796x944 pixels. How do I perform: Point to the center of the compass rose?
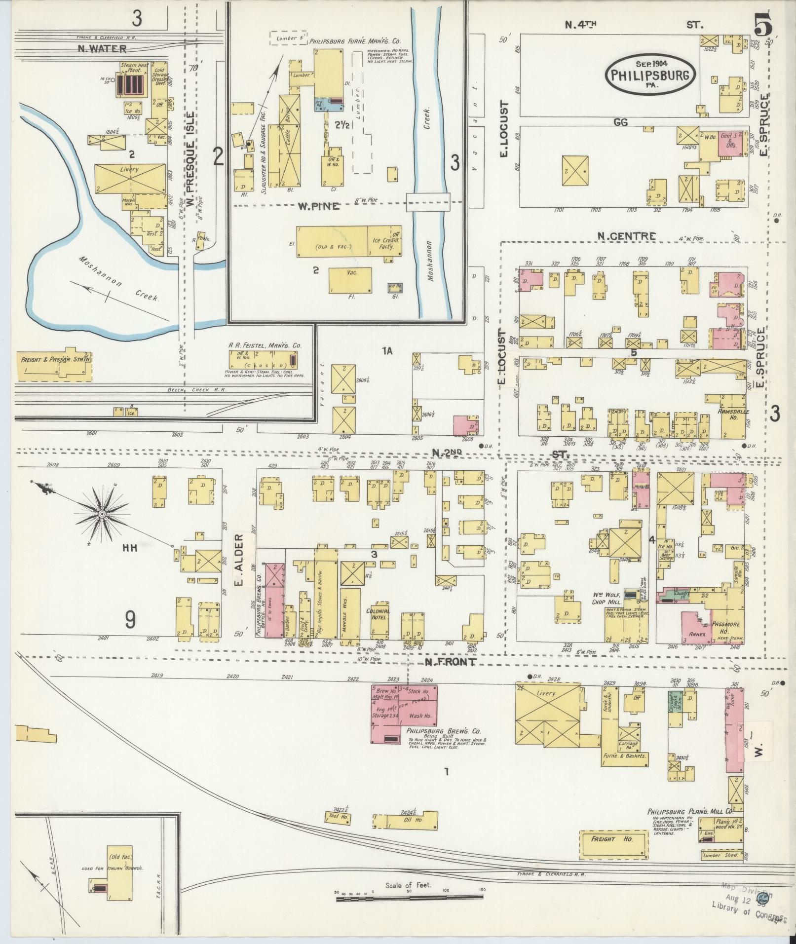point(101,515)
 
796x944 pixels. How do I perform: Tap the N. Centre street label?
point(626,236)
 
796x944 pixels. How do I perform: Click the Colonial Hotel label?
point(378,611)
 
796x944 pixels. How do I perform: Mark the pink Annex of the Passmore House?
point(695,627)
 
